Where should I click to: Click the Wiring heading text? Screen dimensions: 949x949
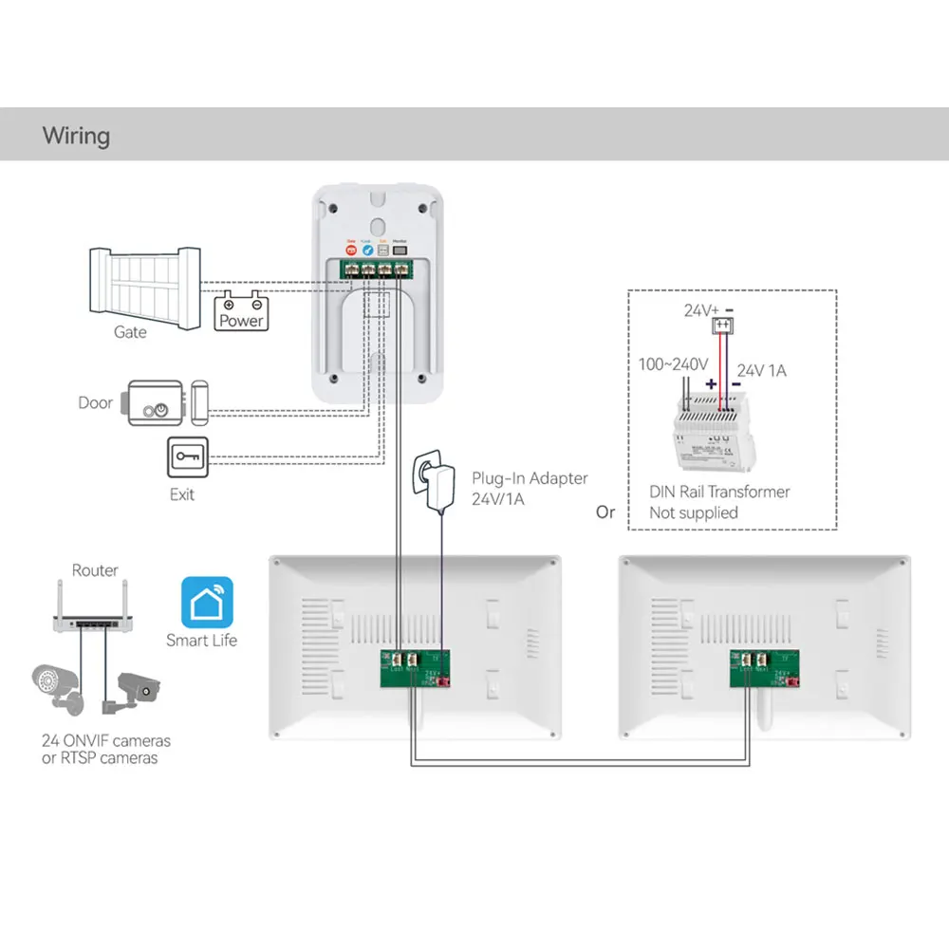[x=76, y=136]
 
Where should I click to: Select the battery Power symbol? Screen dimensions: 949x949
[x=241, y=312]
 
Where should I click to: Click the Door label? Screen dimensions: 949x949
[x=95, y=403]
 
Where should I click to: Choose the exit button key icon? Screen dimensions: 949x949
[x=186, y=459]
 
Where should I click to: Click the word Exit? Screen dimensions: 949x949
[x=182, y=494]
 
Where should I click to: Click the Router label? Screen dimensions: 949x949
[x=95, y=570]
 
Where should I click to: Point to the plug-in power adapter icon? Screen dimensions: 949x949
[x=429, y=479]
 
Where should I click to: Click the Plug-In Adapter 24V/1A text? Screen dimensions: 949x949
[x=530, y=489]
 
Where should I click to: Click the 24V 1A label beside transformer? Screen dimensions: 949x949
[x=761, y=371]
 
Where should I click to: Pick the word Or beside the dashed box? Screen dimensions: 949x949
[x=605, y=512]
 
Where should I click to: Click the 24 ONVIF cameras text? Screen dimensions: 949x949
[x=105, y=741]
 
